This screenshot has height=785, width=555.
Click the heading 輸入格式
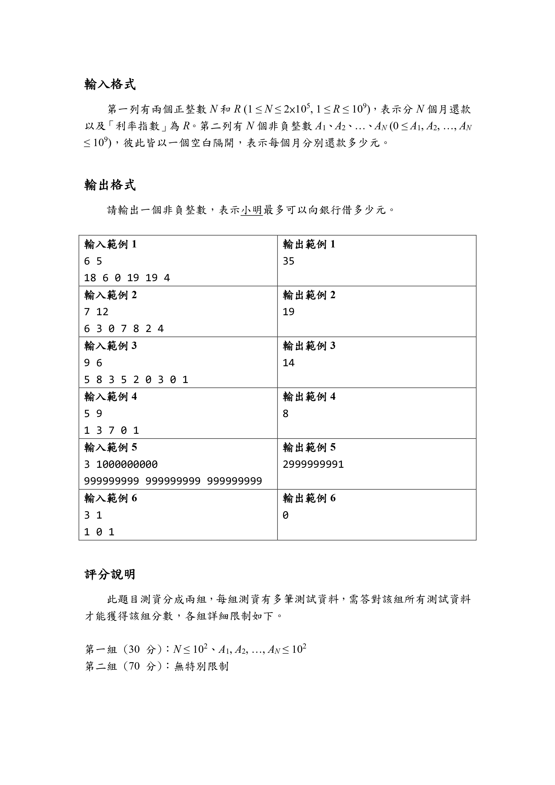point(110,84)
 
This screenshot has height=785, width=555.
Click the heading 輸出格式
point(110,185)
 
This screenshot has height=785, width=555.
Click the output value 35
point(288,261)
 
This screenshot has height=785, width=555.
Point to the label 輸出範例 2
point(309,295)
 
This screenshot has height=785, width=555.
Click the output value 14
point(288,363)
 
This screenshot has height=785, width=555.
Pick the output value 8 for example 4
point(285,414)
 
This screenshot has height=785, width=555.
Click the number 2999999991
point(313,464)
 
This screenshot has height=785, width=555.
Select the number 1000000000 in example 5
point(127,464)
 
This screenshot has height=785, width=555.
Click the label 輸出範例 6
point(309,498)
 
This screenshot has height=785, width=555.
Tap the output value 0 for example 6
point(285,515)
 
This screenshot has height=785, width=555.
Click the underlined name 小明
point(251,210)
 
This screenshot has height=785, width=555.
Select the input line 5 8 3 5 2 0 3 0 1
point(136,379)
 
